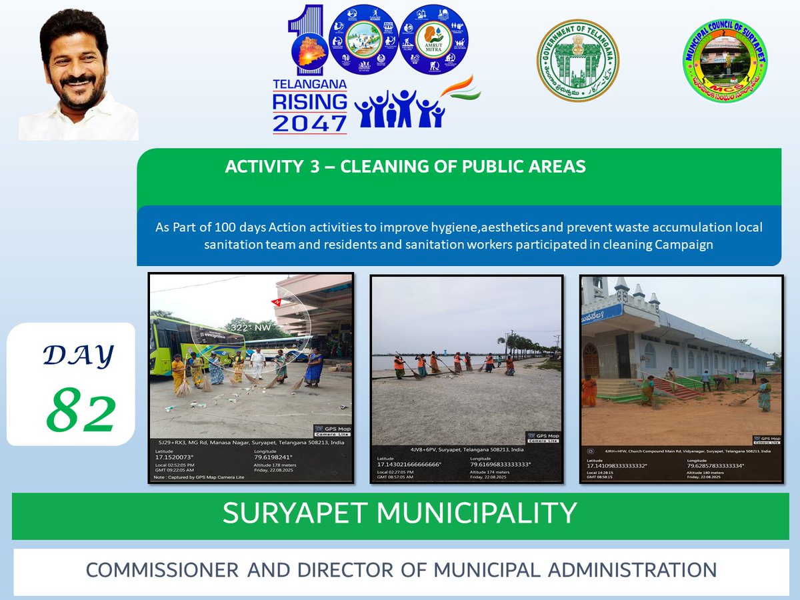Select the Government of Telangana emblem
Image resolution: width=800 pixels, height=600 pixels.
(578, 61)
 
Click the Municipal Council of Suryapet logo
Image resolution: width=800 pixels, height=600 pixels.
(725, 61)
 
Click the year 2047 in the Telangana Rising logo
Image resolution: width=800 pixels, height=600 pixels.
(309, 123)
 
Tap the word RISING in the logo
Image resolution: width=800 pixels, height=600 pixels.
(309, 102)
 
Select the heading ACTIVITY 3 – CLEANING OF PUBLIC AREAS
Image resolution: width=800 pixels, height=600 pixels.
(405, 167)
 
